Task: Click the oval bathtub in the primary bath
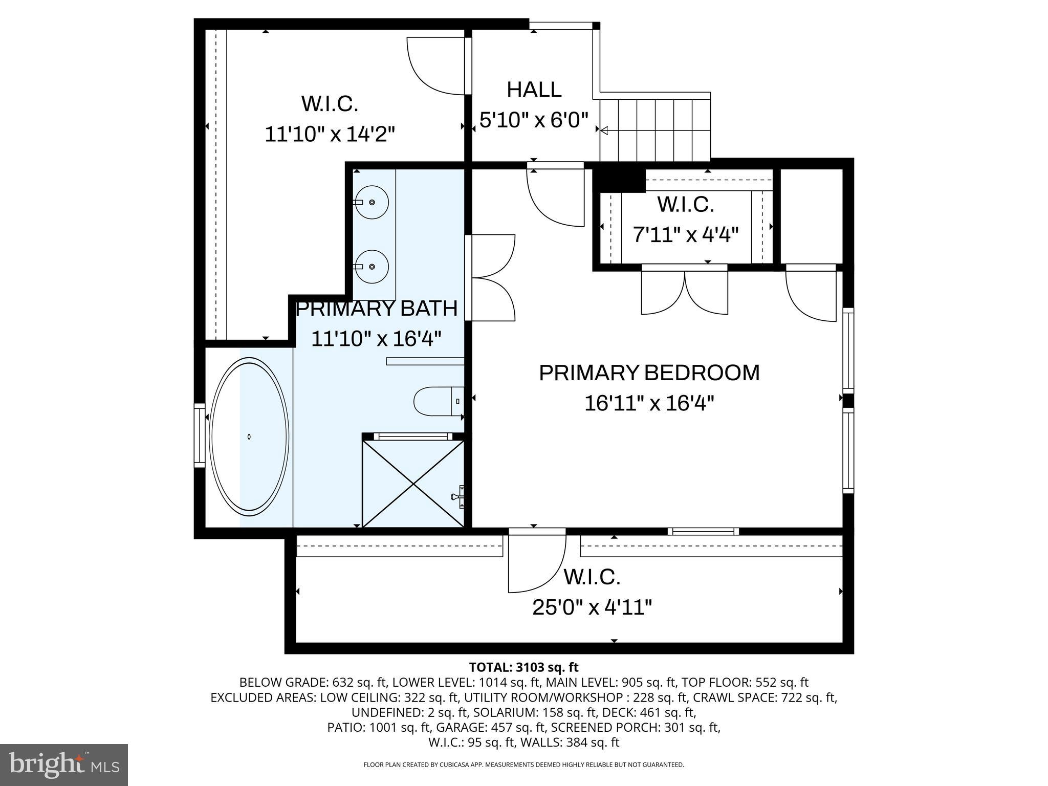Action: click(249, 436)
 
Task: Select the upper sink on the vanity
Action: click(372, 202)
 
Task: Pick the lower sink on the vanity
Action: click(372, 267)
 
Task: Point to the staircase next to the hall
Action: click(655, 130)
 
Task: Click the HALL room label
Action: click(534, 90)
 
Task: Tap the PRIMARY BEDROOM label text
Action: click(649, 373)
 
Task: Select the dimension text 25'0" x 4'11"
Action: click(592, 608)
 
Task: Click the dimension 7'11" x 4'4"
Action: click(686, 235)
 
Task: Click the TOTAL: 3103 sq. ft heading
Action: click(523, 667)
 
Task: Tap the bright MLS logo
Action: click(64, 765)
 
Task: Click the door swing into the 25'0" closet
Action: click(535, 563)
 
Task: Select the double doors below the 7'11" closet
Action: click(684, 292)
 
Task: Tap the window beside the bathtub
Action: click(199, 435)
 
